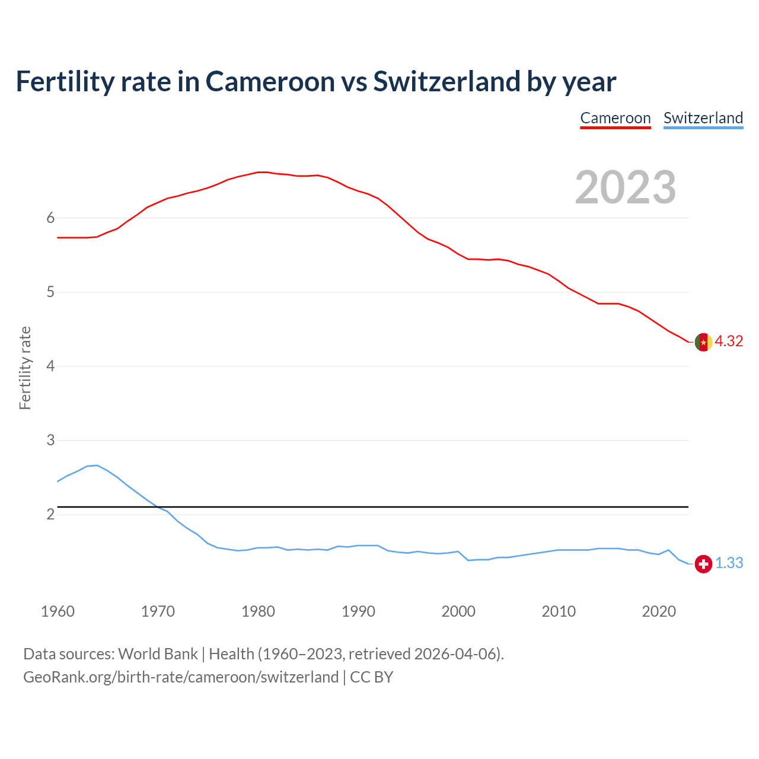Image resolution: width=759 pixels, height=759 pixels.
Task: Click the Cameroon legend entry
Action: coord(616,119)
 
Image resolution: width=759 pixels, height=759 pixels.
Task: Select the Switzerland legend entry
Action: coord(703,119)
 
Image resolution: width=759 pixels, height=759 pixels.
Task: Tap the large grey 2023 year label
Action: coord(626,187)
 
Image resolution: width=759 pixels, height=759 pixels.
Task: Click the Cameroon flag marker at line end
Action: coord(703,342)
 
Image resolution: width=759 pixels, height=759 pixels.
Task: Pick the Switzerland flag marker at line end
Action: coord(703,564)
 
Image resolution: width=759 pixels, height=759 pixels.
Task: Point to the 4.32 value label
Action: coord(729,342)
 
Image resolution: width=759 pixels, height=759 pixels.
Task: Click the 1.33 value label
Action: coord(729,563)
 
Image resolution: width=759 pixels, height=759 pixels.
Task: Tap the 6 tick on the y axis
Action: coord(50,218)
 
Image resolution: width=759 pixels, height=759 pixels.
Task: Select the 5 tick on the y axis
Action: coord(50,292)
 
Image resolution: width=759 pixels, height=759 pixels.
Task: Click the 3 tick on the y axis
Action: coord(50,441)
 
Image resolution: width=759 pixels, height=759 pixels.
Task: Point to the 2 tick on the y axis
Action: coord(50,515)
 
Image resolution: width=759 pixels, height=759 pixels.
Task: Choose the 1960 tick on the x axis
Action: coord(58,611)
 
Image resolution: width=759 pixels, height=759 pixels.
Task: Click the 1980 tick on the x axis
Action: coord(258,611)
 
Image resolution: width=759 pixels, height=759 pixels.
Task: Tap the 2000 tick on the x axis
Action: coord(458,611)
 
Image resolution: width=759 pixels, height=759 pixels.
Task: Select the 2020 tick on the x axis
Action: coord(659,611)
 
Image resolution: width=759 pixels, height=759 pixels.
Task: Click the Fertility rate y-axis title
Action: coord(25,368)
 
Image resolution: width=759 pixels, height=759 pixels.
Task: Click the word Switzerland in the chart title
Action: coord(446,82)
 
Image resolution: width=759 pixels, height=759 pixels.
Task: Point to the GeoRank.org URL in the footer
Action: coord(181,677)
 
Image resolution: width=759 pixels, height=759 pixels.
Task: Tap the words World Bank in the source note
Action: coord(158,654)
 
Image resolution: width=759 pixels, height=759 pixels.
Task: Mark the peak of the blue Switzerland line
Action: coord(97,465)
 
